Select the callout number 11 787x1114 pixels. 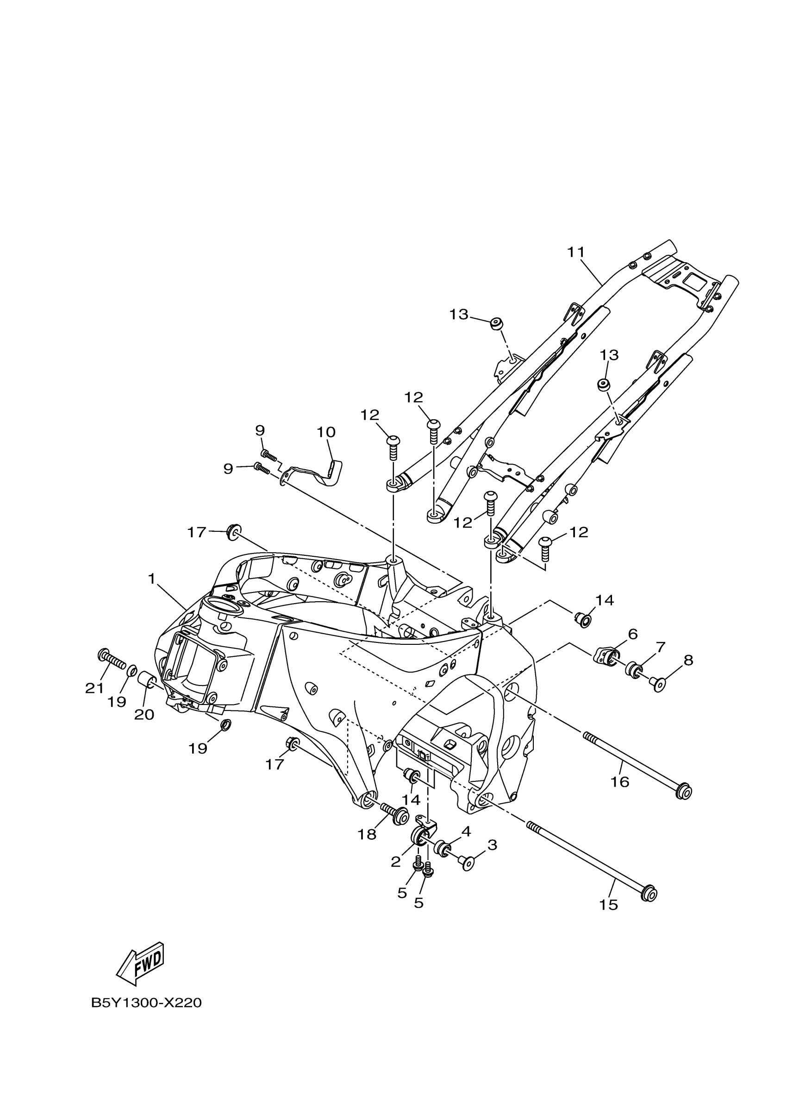576,252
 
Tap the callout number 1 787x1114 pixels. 151,579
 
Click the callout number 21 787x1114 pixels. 94,687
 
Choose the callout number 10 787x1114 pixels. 326,432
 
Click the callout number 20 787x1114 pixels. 144,714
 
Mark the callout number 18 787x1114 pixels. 367,834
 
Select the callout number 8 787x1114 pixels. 688,660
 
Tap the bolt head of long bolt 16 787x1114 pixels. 684,792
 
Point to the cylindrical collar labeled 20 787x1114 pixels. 147,680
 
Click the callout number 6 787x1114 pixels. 632,634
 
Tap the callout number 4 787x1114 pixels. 466,831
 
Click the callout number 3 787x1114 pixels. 492,845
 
